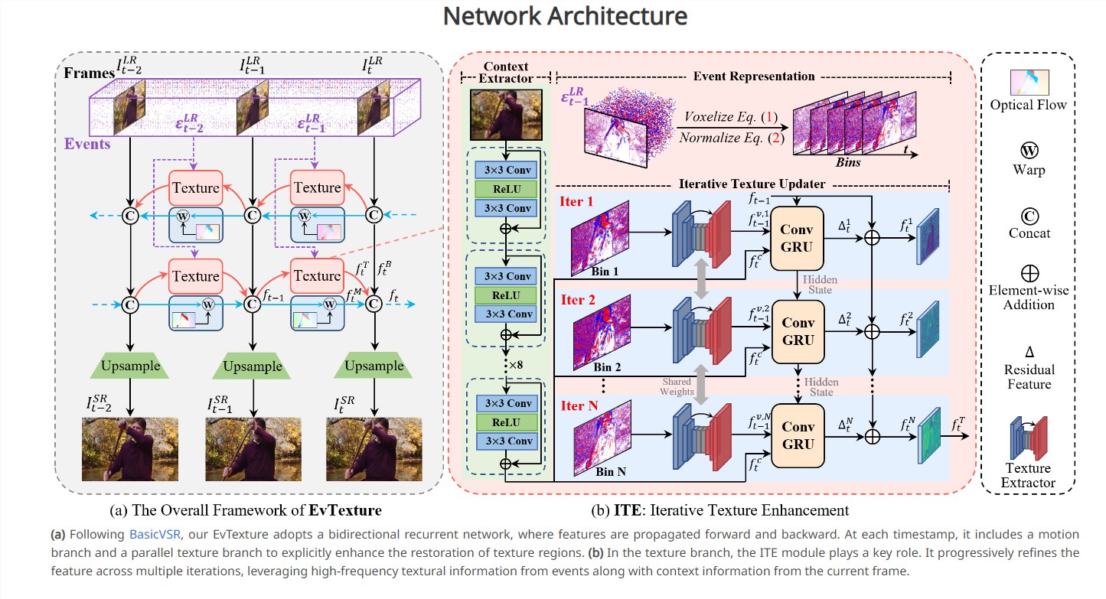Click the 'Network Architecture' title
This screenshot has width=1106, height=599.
[x=553, y=16]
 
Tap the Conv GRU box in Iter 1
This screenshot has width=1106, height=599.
[x=798, y=237]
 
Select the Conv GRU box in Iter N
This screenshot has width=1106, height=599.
[x=798, y=435]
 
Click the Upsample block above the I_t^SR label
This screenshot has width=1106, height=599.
[x=374, y=366]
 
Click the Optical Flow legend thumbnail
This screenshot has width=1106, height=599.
[x=1028, y=82]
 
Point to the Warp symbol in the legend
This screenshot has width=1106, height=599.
[x=1029, y=149]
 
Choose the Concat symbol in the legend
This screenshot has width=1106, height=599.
[x=1029, y=213]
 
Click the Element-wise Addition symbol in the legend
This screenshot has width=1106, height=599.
[x=1029, y=272]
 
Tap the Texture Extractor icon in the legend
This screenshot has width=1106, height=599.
[x=1028, y=438]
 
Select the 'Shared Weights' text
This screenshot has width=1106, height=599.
[x=677, y=386]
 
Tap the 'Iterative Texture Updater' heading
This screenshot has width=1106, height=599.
[x=752, y=184]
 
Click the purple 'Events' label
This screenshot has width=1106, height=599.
[x=87, y=144]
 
